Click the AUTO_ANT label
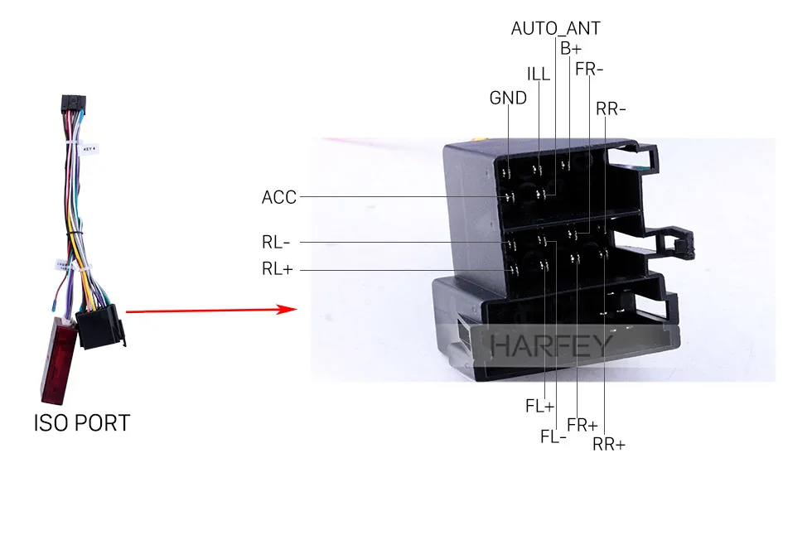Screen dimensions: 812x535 [555, 28]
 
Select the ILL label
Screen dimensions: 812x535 [539, 73]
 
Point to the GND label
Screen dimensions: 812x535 [508, 98]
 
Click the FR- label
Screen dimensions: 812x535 [589, 69]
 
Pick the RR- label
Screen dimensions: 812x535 [611, 108]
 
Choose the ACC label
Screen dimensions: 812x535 [278, 197]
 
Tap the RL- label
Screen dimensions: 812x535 [276, 243]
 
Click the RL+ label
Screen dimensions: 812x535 [278, 269]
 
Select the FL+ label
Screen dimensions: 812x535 [539, 406]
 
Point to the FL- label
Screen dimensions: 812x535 [553, 436]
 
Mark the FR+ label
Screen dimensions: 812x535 [582, 425]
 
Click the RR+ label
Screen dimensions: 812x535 [609, 445]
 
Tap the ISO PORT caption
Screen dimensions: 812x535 [82, 423]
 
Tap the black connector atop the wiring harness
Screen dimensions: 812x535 [72, 107]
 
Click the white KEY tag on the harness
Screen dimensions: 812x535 [92, 149]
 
